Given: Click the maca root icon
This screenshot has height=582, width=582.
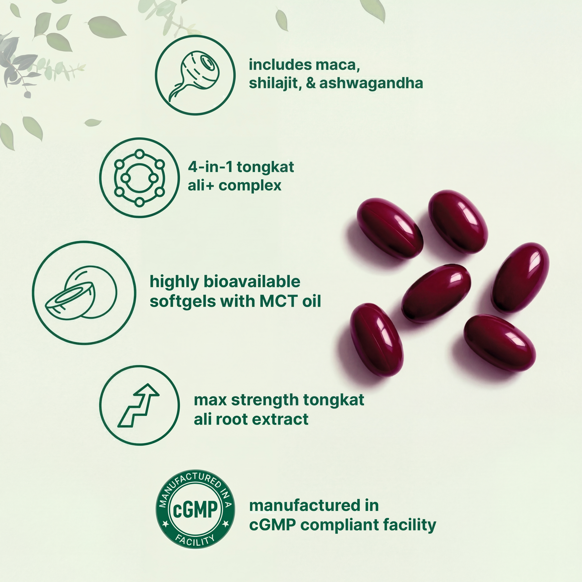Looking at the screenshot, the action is pyautogui.click(x=195, y=75).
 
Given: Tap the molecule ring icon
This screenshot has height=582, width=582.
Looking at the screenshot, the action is pyautogui.click(x=139, y=178).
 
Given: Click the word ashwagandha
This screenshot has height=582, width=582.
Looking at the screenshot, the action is pyautogui.click(x=371, y=83).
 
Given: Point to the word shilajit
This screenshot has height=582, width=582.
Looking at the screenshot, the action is pyautogui.click(x=275, y=83).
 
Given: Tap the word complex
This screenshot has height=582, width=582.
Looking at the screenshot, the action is pyautogui.click(x=250, y=186).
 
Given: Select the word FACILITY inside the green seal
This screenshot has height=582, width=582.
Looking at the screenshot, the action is pyautogui.click(x=195, y=540).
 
